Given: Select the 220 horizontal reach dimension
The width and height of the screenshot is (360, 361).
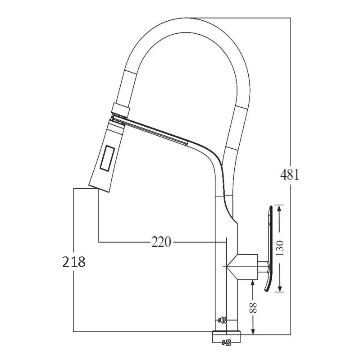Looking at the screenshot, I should coord(161,242).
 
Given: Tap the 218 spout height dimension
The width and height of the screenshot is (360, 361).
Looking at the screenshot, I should coord(73,262).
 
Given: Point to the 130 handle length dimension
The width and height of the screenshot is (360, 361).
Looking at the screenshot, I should coord(280,247).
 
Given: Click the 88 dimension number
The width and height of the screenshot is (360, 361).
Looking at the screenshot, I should coord(254,308).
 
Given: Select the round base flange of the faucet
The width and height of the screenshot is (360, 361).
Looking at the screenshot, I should coord(227,335).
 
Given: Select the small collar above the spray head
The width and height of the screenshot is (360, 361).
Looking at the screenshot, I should coord(121,108).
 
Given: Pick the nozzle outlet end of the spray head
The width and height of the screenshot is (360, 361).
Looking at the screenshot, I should coord(98,187).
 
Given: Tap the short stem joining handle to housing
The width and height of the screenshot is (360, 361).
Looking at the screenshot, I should coord(263,267).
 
